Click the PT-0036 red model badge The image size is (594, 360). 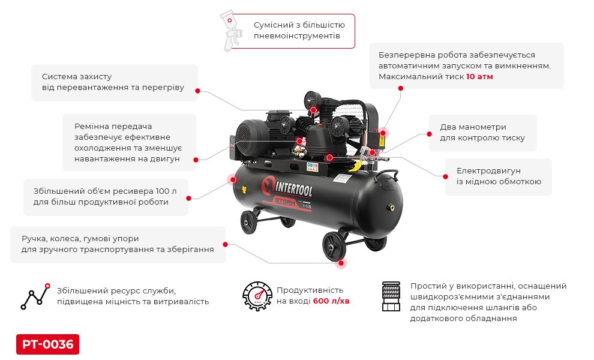pyautogui.click(x=47, y=344)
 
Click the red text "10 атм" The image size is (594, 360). pyautogui.click(x=479, y=77)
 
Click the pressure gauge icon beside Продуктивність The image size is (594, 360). pyautogui.click(x=257, y=295)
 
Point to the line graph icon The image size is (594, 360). pyautogui.click(x=35, y=295)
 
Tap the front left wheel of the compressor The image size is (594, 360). pyautogui.click(x=250, y=222)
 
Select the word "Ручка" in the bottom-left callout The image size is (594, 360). pyautogui.click(x=34, y=238)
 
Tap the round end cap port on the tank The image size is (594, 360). pyautogui.click(x=391, y=208)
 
